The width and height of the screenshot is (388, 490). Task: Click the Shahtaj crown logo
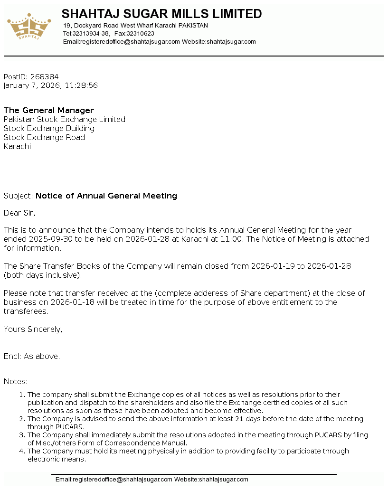[x=29, y=27]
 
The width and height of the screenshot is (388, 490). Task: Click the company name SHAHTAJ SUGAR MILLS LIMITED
[x=161, y=14]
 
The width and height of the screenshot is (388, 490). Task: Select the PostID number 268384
[x=45, y=77]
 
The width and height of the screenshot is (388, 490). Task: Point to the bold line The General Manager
[x=49, y=111]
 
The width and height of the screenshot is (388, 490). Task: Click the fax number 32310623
[x=140, y=34]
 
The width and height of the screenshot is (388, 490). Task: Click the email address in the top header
[x=130, y=42]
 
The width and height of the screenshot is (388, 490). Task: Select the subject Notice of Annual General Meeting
[x=106, y=196]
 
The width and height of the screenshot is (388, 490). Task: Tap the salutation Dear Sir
[x=19, y=213]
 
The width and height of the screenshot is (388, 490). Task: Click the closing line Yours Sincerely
[x=33, y=329]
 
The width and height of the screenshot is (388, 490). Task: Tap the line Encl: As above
[x=32, y=357]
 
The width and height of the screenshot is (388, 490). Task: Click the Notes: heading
[x=16, y=382]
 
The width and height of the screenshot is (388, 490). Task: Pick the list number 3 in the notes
[x=21, y=435]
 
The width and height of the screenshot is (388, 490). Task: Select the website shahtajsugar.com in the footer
[x=223, y=480]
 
